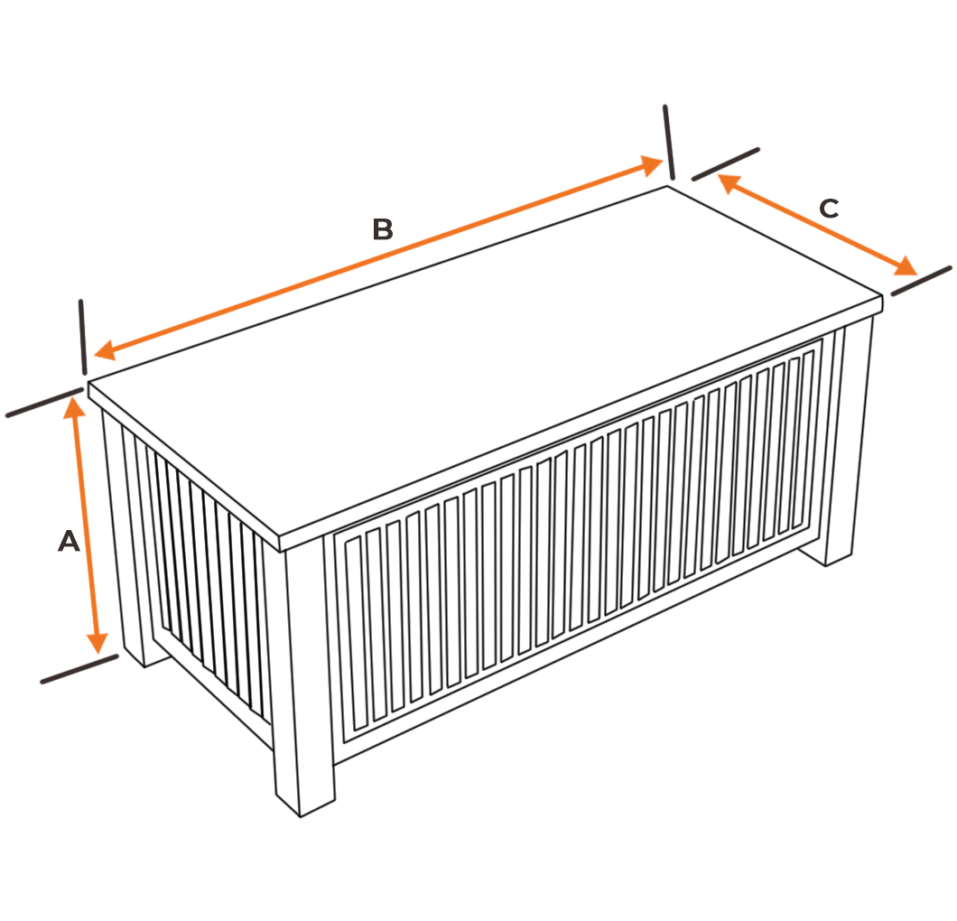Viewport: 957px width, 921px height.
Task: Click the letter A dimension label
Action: [69, 542]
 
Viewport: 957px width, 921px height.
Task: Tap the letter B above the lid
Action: [383, 229]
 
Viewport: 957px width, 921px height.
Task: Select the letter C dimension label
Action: [828, 209]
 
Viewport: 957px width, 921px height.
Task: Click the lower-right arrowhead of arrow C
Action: [906, 267]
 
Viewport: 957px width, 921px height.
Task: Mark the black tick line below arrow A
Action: [79, 668]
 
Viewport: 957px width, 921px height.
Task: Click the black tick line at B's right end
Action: [669, 142]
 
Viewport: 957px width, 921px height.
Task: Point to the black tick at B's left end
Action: [82, 336]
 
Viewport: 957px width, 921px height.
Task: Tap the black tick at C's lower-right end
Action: [921, 280]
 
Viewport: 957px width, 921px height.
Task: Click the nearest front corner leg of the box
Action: [305, 677]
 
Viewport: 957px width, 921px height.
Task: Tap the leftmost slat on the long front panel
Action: [353, 632]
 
